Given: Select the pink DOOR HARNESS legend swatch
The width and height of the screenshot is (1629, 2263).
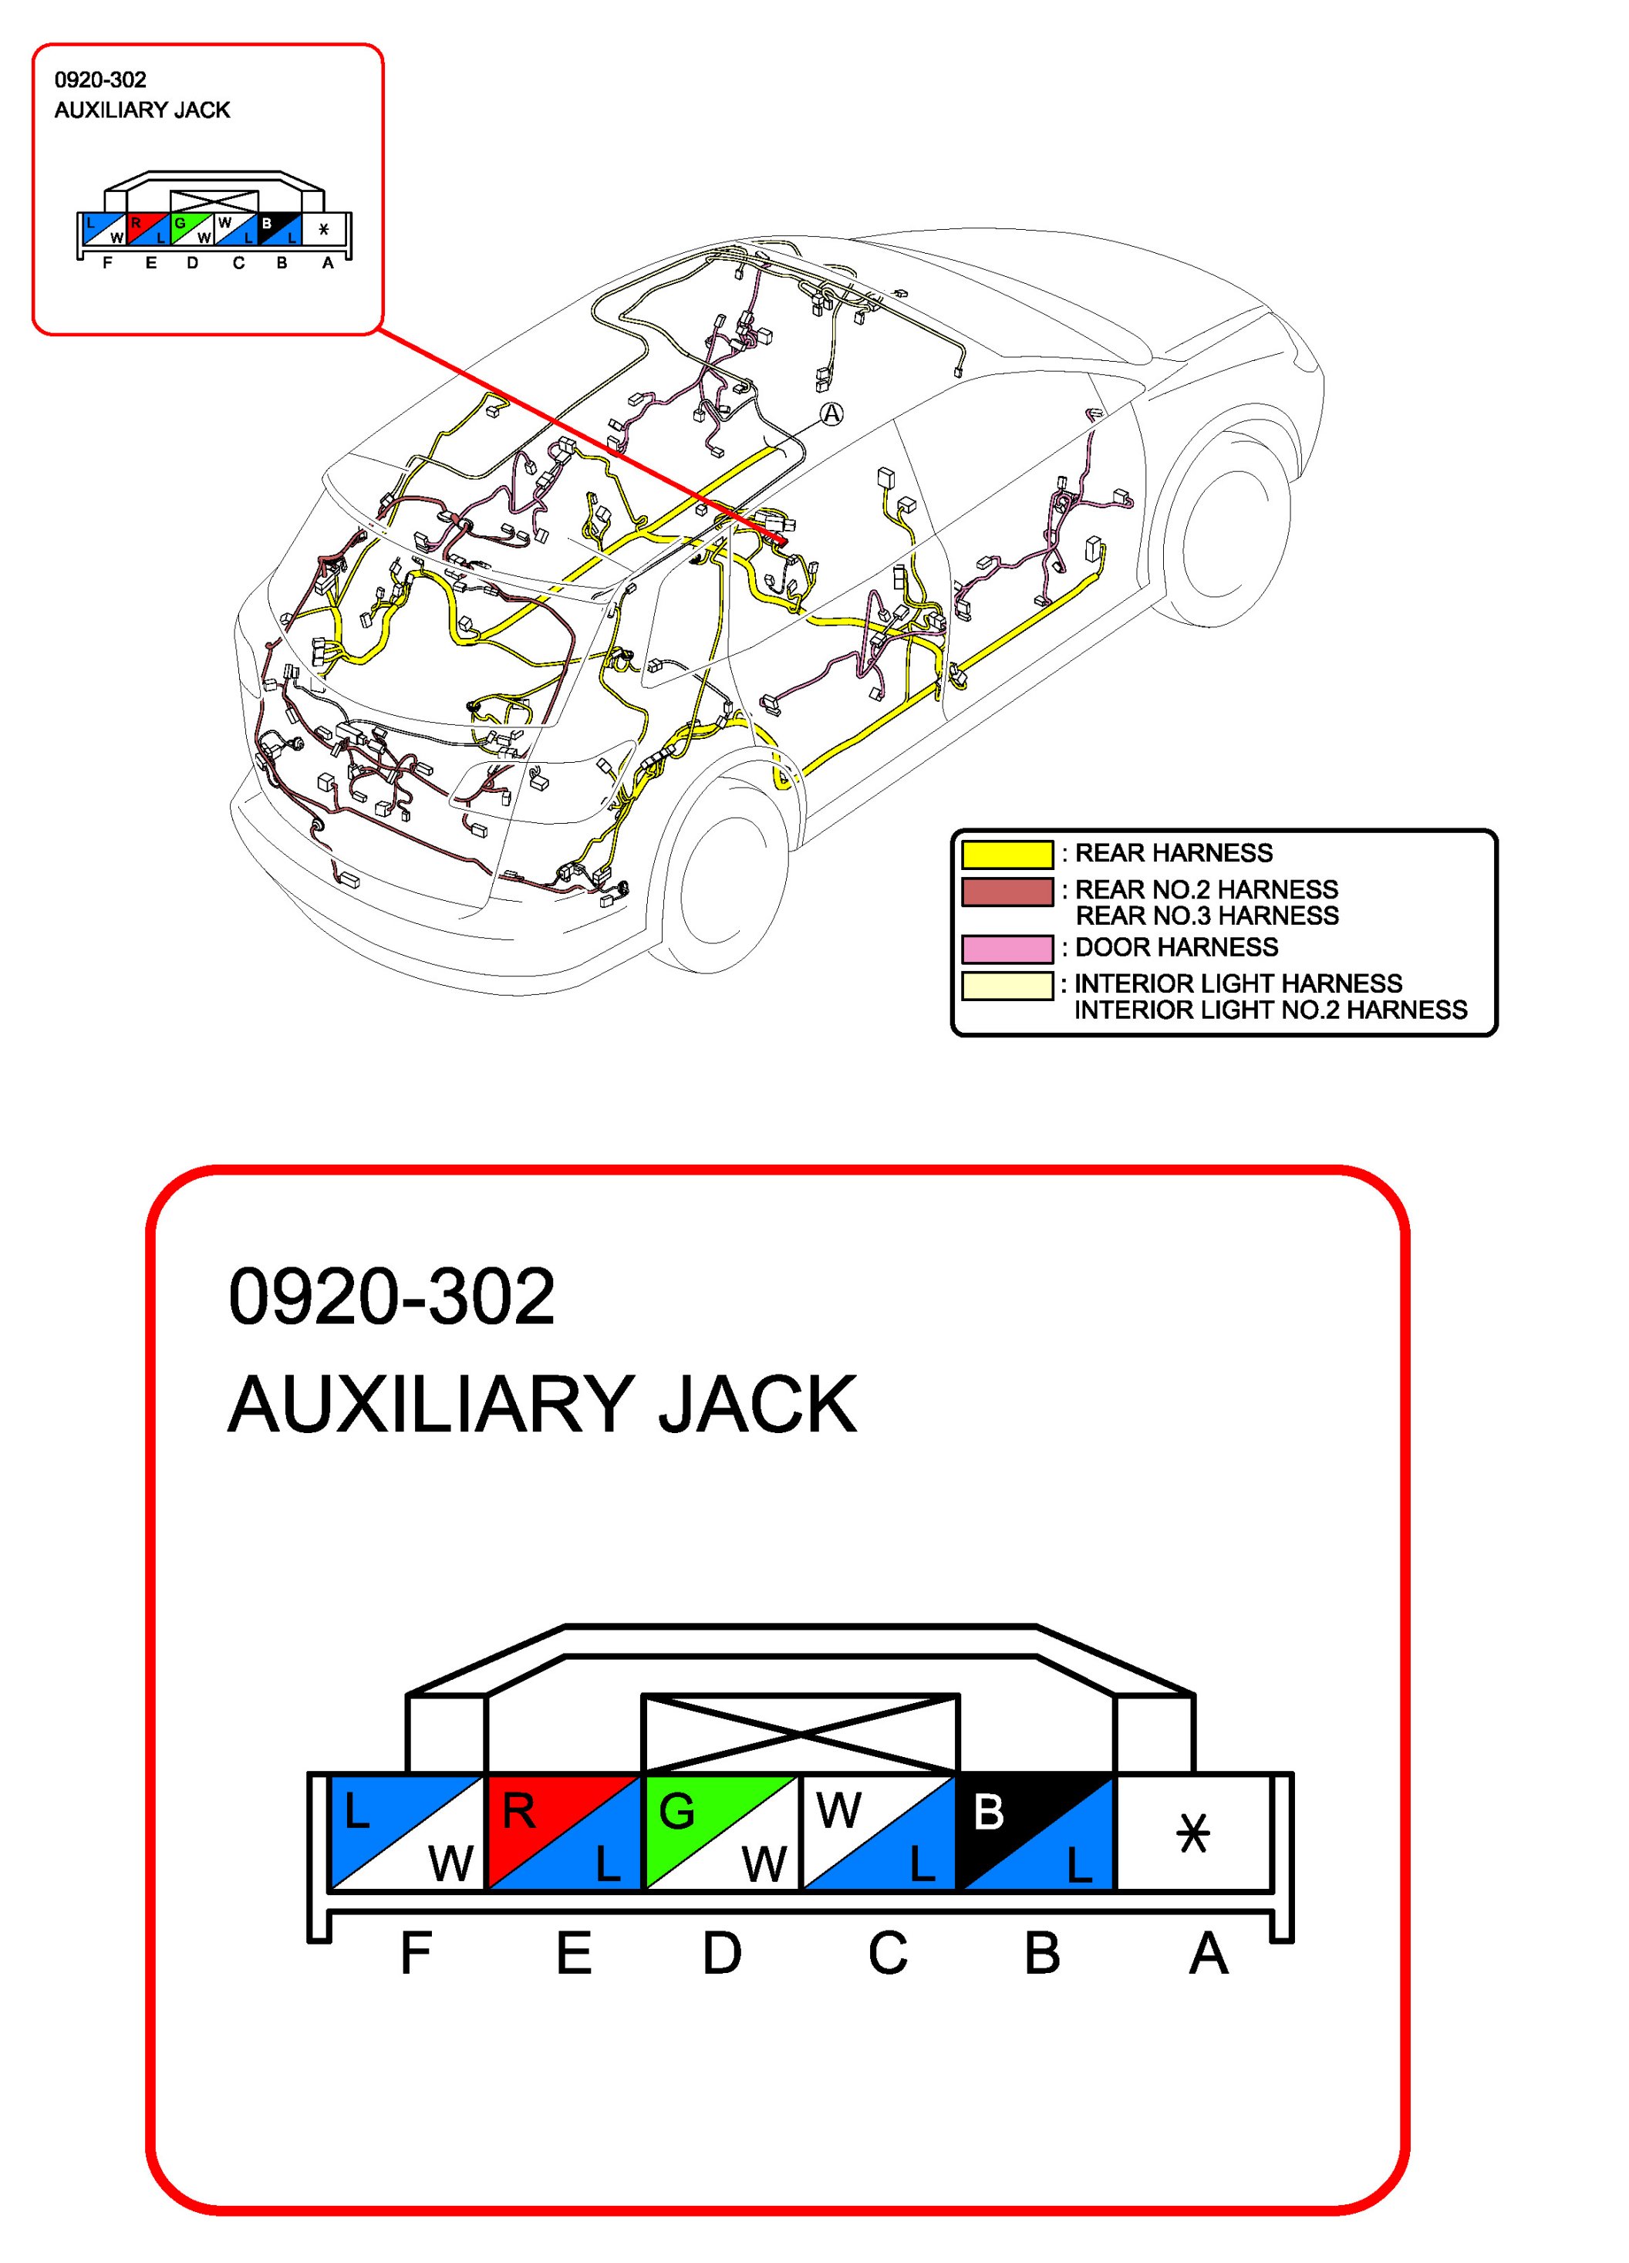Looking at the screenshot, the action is (x=1007, y=948).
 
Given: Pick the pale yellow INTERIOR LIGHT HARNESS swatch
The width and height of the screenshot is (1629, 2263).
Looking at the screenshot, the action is (x=1007, y=986).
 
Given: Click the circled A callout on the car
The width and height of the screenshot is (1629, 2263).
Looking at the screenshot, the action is (x=831, y=413).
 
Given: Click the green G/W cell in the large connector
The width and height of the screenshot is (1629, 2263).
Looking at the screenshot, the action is (x=721, y=1832).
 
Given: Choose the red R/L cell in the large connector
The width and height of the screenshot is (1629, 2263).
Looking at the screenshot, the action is (x=564, y=1832).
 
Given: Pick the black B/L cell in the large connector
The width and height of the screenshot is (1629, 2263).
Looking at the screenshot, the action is (x=1034, y=1832).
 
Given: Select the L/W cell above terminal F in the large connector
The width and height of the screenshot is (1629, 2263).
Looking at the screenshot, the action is (x=407, y=1832).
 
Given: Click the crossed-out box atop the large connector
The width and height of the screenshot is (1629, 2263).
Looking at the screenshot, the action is (x=800, y=1733).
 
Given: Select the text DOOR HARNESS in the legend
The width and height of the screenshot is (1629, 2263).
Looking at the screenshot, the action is (x=1176, y=948).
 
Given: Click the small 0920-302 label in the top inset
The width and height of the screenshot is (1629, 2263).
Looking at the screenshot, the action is (x=99, y=79).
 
